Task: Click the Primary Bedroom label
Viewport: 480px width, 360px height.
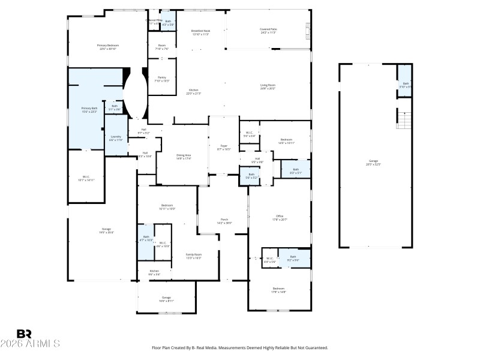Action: [x=108, y=47]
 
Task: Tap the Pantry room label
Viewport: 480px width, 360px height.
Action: [x=162, y=79]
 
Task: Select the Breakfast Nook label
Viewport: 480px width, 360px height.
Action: [x=200, y=32]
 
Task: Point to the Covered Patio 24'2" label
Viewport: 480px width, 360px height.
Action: [x=268, y=31]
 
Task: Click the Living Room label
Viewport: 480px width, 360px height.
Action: [x=268, y=87]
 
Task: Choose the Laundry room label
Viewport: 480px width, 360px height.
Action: [x=116, y=138]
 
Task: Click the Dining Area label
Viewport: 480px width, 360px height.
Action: [x=184, y=157]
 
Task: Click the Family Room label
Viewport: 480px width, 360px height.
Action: [x=193, y=256]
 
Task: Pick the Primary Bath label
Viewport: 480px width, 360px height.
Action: [x=88, y=110]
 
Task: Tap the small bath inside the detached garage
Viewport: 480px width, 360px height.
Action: [x=406, y=85]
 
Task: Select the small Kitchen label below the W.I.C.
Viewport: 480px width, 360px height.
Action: [x=154, y=272]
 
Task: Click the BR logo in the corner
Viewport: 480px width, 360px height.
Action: [x=24, y=334]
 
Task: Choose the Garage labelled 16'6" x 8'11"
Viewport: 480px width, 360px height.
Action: [x=166, y=299]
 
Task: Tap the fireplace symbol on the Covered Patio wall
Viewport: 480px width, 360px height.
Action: [x=308, y=29]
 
